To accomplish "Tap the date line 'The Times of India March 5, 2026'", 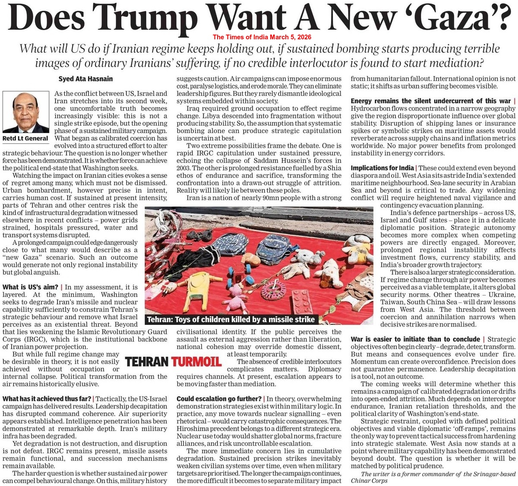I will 262,37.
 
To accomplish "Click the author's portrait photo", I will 25,112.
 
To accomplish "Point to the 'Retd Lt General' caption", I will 25,138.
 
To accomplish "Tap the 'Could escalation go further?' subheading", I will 219,399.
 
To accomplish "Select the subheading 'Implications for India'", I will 382,168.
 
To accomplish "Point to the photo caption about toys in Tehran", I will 231,320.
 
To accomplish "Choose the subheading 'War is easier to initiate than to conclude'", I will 415,340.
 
